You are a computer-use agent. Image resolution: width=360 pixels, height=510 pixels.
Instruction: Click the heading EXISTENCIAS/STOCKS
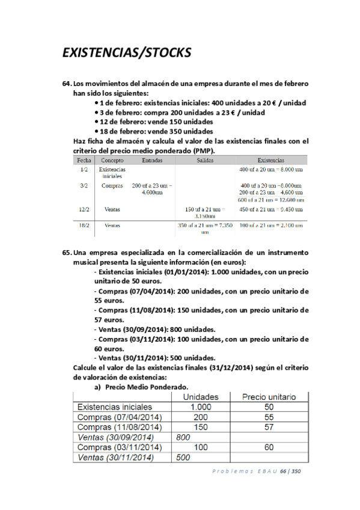coord(127,53)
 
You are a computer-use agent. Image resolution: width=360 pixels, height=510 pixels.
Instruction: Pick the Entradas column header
coord(152,161)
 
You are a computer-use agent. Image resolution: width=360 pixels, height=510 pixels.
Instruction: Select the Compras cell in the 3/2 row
coord(112,186)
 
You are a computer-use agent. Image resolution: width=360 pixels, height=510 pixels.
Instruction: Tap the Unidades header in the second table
coord(200,397)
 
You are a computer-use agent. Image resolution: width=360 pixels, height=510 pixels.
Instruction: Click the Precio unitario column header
coord(268,397)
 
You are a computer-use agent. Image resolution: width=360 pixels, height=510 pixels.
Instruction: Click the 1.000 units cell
coord(200,407)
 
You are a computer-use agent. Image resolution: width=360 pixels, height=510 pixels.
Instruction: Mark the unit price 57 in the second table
coord(268,427)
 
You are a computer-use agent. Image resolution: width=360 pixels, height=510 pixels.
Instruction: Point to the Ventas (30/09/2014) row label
coord(116,437)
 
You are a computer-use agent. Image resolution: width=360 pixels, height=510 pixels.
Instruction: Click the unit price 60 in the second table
coord(268,447)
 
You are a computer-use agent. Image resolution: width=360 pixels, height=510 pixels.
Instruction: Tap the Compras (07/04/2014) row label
coord(119,417)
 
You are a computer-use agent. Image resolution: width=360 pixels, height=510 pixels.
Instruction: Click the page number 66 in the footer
coord(282,471)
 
